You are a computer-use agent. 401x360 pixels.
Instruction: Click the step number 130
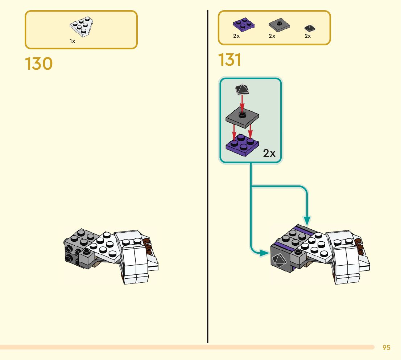pos(39,64)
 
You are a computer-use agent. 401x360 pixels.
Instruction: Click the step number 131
pos(230,60)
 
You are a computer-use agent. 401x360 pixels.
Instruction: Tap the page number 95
pos(386,348)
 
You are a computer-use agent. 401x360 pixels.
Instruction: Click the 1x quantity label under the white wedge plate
pos(72,41)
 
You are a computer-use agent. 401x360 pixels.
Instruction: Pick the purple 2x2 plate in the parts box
pos(243,25)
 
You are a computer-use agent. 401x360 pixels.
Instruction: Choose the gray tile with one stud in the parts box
pos(279,25)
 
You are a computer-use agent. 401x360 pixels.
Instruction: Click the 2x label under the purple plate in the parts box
pos(236,36)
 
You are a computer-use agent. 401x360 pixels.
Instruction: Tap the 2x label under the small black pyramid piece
pos(308,36)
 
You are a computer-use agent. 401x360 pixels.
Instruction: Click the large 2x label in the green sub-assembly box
pos(269,153)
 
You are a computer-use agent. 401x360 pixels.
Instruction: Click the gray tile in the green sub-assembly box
pos(242,118)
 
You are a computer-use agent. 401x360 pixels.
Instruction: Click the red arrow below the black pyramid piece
pos(242,103)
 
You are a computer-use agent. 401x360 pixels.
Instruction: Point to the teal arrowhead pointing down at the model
pos(307,220)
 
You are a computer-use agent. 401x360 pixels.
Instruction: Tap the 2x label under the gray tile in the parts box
pos(272,36)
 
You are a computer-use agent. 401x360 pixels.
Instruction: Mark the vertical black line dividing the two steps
pos(207,181)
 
